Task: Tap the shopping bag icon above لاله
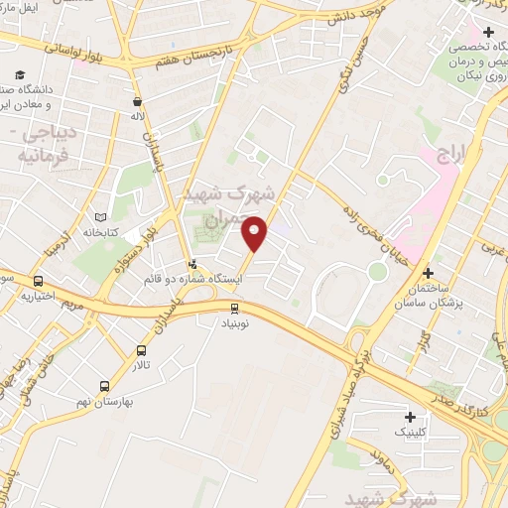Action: tap(136, 100)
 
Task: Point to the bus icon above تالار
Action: tap(142, 350)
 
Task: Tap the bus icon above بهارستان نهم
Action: tap(105, 386)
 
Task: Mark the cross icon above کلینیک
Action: tap(411, 416)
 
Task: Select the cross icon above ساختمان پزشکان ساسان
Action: tap(427, 273)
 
